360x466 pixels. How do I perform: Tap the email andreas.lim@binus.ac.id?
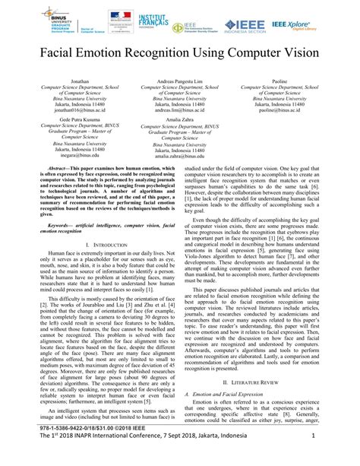[181, 109]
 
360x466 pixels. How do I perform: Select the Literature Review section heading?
[269, 382]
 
